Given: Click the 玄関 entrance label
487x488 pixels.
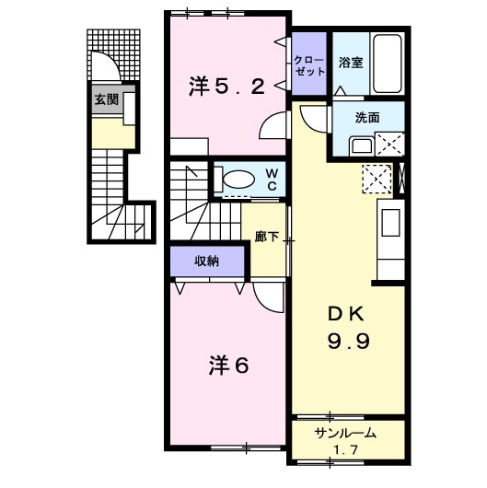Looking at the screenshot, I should [106, 99].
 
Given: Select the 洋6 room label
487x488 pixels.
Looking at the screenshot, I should [227, 366].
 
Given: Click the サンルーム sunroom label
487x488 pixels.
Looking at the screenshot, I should [346, 433].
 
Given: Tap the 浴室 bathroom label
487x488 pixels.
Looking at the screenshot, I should [350, 64].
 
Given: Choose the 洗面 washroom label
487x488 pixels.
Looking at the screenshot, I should [369, 117].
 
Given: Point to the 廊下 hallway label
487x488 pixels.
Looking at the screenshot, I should [266, 236].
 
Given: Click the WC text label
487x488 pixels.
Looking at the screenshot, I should [272, 179].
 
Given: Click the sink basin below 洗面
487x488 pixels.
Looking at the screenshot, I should [360, 145].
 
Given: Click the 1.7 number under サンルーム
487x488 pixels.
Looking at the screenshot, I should [346, 449].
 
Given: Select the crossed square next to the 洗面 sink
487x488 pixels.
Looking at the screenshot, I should [390, 145].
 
